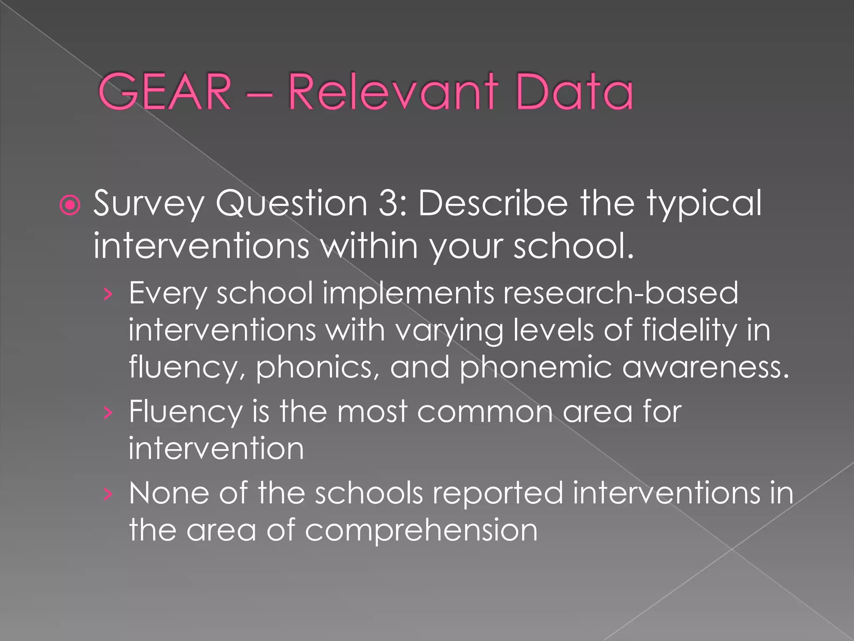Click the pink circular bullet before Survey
pos(70,205)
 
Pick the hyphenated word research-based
pos(620,293)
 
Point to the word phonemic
pos(535,368)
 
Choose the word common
pos(485,411)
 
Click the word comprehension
pos(421,530)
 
